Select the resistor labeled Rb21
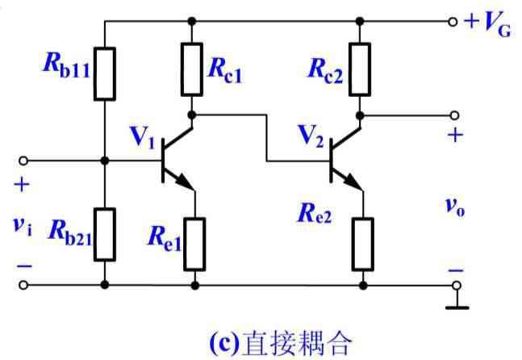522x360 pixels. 105,235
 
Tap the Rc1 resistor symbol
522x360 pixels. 193,68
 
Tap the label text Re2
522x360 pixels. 316,213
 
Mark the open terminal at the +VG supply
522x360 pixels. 454,20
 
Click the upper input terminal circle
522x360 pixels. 23,160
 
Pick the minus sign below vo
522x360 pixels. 456,270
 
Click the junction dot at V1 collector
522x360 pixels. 193,115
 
